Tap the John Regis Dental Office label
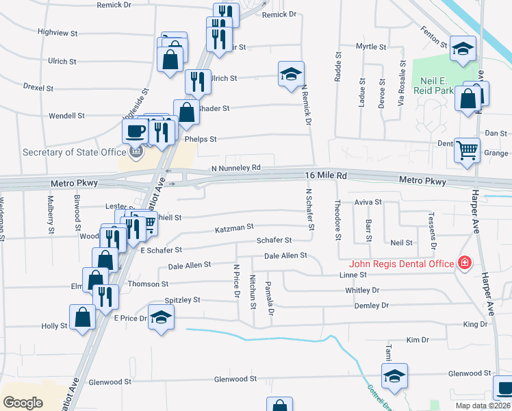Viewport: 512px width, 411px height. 402,264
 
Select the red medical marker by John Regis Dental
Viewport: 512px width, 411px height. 465,263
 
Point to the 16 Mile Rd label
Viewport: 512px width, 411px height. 326,176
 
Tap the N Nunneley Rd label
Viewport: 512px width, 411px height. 236,167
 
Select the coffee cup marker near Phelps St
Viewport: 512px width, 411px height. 135,130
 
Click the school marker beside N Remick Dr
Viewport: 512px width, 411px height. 291,74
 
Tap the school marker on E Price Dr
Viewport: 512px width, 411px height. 161,317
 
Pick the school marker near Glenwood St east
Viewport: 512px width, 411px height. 394,376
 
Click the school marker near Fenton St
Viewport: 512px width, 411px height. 463,49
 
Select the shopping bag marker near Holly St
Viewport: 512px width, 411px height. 82,317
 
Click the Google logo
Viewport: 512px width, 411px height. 23,402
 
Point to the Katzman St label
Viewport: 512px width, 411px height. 234,226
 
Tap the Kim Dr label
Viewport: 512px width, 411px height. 417,340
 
